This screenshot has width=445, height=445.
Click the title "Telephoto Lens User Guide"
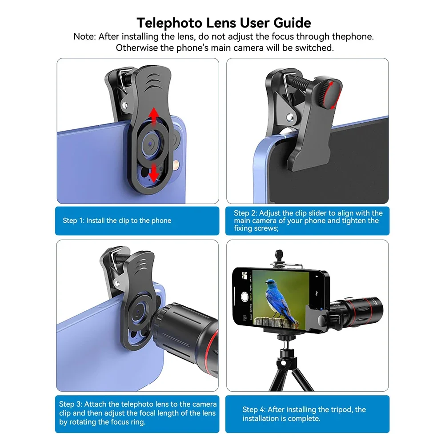[x=223, y=22]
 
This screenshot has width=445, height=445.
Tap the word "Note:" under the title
[x=84, y=36]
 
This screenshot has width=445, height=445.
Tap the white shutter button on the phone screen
[x=244, y=297]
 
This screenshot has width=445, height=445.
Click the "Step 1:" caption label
[x=74, y=220]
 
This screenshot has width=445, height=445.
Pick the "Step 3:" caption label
[x=70, y=404]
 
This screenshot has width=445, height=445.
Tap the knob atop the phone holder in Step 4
[x=280, y=256]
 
